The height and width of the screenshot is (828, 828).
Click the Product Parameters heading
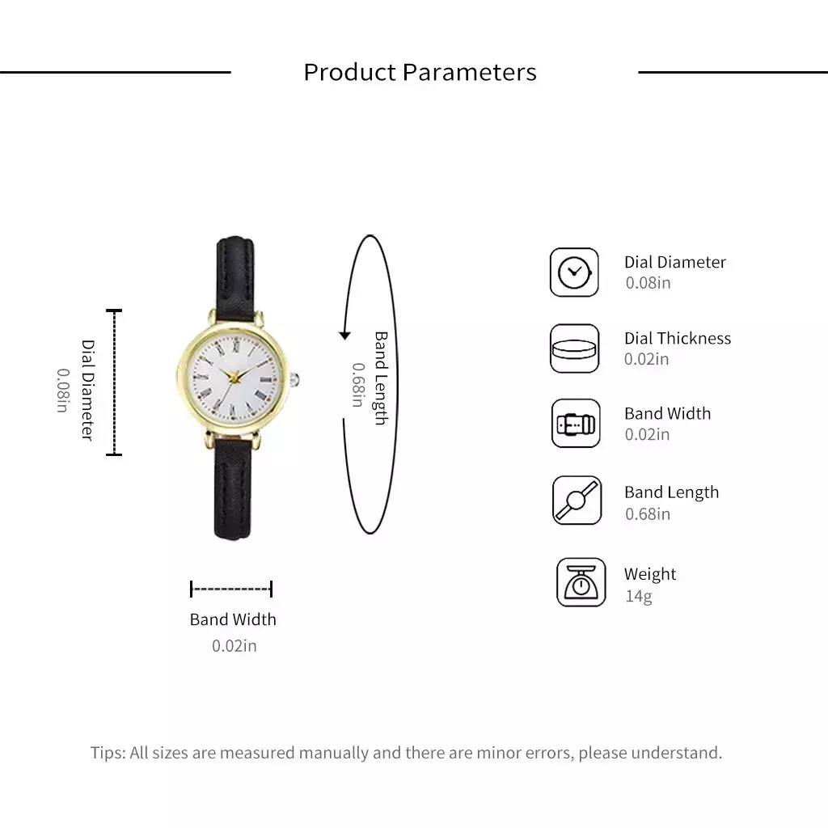[x=420, y=72]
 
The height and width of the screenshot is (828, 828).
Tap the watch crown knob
[x=294, y=379]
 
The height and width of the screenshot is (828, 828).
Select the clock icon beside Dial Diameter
[x=574, y=272]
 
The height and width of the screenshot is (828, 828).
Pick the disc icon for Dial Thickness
[x=574, y=349]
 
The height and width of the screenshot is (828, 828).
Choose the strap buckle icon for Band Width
[x=576, y=424]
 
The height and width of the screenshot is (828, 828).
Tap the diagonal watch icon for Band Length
[x=577, y=500]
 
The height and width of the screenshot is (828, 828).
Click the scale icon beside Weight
[x=581, y=582]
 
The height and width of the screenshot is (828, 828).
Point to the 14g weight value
[x=639, y=596]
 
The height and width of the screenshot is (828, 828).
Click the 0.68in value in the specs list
[x=648, y=513]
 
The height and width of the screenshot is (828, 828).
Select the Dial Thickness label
[x=678, y=338]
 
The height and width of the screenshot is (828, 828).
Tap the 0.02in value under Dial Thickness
[x=646, y=359]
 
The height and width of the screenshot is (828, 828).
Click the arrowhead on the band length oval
[x=344, y=336]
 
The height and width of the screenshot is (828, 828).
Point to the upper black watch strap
[x=235, y=278]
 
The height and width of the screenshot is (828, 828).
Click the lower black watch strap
[x=232, y=488]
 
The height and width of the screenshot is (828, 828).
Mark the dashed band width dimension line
[x=231, y=589]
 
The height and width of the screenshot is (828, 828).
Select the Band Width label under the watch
[x=233, y=619]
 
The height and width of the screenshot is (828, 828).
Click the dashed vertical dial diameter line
[x=114, y=382]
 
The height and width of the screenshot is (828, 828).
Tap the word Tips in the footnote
[x=108, y=753]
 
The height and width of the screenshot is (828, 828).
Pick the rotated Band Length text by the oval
[x=382, y=378]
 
